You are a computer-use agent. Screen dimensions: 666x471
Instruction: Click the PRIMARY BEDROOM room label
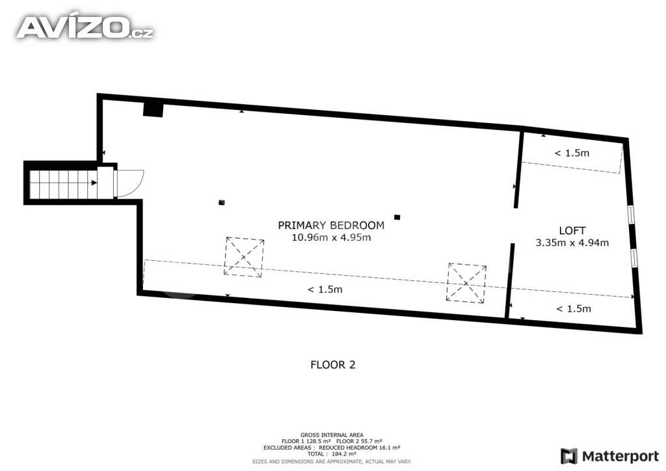click(331, 225)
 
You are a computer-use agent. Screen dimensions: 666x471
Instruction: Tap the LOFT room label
click(572, 230)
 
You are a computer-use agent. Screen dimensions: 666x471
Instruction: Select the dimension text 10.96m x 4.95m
click(331, 237)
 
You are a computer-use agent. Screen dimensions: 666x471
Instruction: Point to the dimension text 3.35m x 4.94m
click(572, 243)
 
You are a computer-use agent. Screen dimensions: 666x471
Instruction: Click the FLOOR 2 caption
click(332, 365)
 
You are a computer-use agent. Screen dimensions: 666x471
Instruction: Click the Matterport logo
click(609, 456)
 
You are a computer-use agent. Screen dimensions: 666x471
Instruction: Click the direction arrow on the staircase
click(94, 183)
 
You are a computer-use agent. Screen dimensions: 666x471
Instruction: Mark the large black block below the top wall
click(153, 109)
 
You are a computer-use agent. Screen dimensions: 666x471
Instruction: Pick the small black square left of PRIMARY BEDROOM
click(221, 202)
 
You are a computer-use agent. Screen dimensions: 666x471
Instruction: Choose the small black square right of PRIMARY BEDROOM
click(397, 217)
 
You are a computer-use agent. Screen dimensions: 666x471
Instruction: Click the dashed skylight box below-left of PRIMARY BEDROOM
click(244, 258)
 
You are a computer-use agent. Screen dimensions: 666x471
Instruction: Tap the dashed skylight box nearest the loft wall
click(466, 283)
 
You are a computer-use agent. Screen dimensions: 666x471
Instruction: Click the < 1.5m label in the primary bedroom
click(325, 289)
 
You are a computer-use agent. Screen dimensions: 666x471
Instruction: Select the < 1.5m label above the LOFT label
click(572, 153)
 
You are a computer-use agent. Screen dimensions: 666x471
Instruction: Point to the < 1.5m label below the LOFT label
click(574, 309)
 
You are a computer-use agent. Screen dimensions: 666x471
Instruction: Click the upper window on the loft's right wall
click(631, 214)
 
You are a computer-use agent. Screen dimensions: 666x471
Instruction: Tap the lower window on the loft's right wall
click(634, 258)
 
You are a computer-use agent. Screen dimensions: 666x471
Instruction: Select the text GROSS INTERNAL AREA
click(332, 435)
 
